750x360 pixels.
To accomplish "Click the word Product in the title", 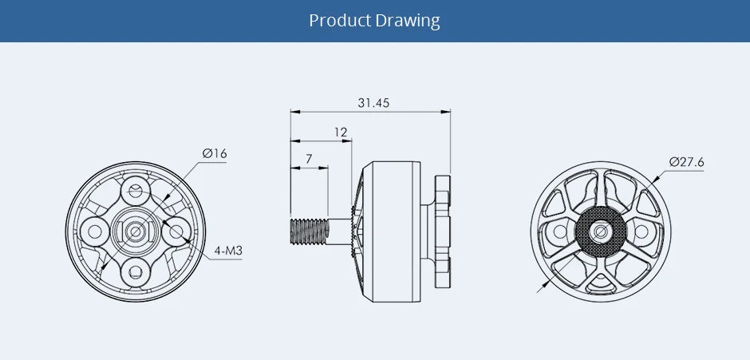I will pos(341,21).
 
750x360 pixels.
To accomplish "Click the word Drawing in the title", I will pos(409,21).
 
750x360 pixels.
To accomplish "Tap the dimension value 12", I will pos(341,132).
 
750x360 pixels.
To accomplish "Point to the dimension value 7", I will pos(309,159).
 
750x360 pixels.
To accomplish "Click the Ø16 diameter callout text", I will pos(215,152).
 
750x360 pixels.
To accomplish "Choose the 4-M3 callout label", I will pos(228,251).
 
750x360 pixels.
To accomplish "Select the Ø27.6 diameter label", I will pos(687,162).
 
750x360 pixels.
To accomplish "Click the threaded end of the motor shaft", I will pos(307,231).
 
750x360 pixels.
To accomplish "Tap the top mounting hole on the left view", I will pos(136,191).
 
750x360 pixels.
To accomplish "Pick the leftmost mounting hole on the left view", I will pos(96,231).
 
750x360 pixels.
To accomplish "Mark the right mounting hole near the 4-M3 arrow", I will pos(176,231).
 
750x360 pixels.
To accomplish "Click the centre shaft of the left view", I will pos(136,231).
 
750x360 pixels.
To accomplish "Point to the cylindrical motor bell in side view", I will pos(391,231).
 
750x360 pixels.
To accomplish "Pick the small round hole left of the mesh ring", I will pos(558,231).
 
